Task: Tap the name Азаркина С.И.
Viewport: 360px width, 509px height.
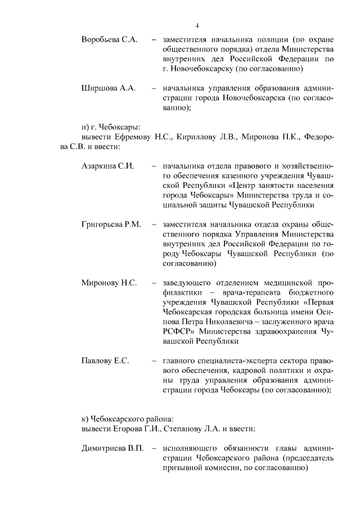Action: pos(107,166)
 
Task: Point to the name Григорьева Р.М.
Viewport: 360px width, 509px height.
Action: pos(111,225)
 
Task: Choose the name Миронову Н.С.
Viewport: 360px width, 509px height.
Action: pos(109,283)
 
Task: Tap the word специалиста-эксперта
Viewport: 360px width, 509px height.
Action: pos(228,361)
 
